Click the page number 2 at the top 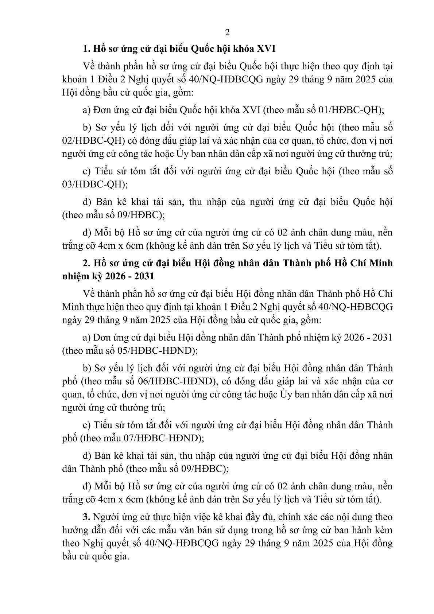[227, 33]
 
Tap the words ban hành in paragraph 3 [356, 530]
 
